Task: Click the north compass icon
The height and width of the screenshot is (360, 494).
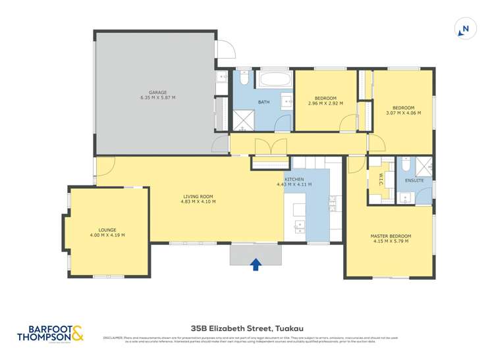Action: coord(464,29)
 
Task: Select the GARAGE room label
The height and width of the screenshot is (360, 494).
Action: coord(157,92)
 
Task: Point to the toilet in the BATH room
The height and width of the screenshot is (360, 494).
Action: coord(243,80)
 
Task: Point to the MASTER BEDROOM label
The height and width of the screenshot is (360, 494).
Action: coord(391,236)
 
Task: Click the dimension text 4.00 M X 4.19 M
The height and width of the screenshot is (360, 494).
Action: coord(107,235)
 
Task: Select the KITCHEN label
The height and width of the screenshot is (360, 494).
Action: coord(294,180)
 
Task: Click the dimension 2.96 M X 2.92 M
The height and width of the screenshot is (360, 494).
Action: coord(326,103)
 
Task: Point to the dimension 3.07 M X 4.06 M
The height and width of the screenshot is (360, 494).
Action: coord(403,113)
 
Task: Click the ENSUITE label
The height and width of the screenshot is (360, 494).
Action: coord(414,180)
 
